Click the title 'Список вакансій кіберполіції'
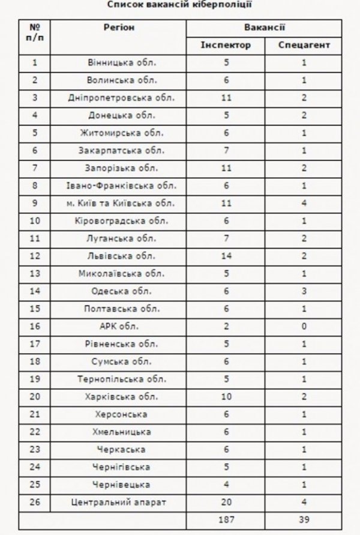click(x=180, y=5)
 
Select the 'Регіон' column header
click(x=119, y=28)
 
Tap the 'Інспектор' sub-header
click(x=226, y=45)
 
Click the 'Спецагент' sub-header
click(x=304, y=45)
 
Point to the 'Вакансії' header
click(x=265, y=28)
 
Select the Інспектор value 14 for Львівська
click(x=226, y=256)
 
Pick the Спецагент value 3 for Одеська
click(x=304, y=291)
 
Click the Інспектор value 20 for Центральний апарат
click(x=226, y=503)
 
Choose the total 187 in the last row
click(x=226, y=520)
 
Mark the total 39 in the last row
click(x=304, y=520)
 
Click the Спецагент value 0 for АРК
click(x=304, y=327)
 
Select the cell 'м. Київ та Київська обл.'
click(x=121, y=204)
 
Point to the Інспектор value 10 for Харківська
click(x=226, y=397)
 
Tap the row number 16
click(x=35, y=327)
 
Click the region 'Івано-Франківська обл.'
click(x=121, y=186)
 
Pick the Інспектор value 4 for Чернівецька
click(x=226, y=485)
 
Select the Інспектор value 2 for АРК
click(x=226, y=327)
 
